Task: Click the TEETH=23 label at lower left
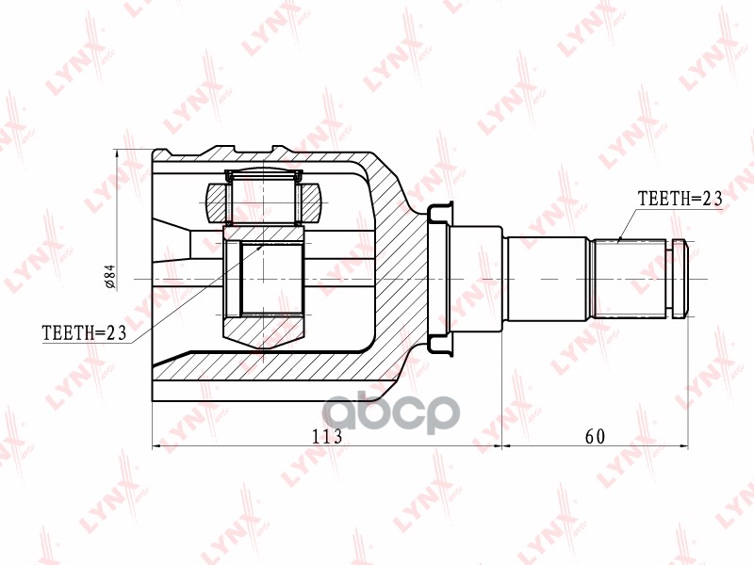(x=85, y=332)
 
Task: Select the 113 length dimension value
(x=326, y=436)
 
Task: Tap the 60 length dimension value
(x=594, y=436)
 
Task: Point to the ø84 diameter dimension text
(x=109, y=275)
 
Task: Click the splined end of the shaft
(x=631, y=279)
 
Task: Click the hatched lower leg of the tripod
(x=264, y=329)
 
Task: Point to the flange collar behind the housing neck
(x=437, y=279)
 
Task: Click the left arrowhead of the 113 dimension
(x=156, y=445)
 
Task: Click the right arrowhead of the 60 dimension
(x=686, y=445)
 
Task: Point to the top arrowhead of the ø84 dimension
(x=117, y=153)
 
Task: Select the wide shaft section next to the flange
(x=476, y=279)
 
